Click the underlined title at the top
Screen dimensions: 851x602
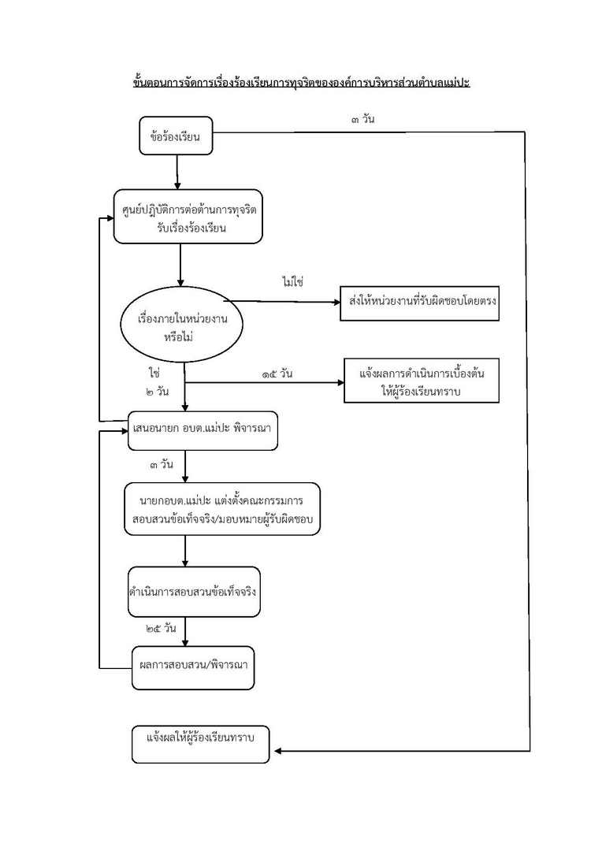(301, 82)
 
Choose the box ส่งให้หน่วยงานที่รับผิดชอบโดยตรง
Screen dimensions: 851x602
(420, 303)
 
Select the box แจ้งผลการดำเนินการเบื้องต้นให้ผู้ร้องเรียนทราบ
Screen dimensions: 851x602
(423, 381)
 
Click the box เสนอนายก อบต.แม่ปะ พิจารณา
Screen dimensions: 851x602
(204, 431)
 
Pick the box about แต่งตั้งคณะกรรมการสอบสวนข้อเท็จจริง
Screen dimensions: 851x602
(222, 509)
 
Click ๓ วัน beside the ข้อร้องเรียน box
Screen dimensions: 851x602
(363, 120)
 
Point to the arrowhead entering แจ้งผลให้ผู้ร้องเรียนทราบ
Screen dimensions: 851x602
(277, 751)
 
